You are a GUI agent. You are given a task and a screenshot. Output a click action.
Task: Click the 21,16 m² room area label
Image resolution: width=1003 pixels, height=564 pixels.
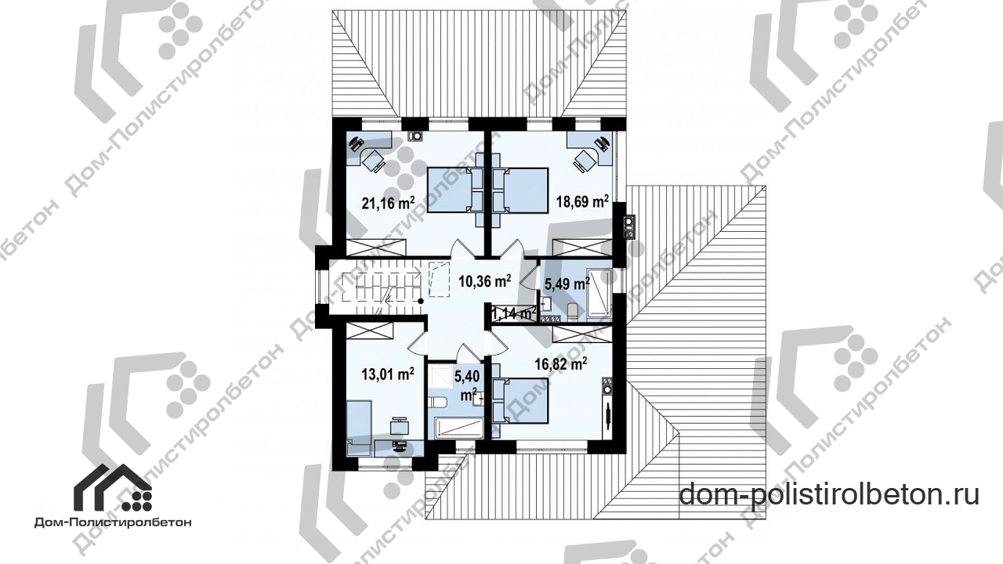coord(388,203)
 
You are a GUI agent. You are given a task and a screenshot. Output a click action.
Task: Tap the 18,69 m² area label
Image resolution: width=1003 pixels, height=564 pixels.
coord(582,201)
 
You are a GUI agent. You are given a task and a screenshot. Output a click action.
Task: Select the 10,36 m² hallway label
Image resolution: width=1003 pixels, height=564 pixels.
coord(484,281)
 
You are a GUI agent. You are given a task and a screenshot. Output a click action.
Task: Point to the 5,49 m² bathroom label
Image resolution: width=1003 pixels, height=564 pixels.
coord(567,284)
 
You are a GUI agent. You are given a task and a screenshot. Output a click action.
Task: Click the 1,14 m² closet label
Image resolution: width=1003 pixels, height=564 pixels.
coord(514,314)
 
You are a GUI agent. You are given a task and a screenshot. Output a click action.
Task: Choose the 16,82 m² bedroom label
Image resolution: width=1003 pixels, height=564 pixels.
coord(561,365)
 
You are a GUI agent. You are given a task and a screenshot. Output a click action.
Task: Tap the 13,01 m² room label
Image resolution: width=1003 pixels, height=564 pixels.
coord(388,374)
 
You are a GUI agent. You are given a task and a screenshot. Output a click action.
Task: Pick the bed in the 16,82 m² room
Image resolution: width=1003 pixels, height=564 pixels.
coord(520,400)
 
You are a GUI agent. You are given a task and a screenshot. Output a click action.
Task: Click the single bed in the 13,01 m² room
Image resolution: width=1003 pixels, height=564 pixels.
coord(360,428)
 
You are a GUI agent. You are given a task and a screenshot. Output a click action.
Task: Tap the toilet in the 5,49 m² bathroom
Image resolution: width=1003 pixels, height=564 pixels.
coord(572,312)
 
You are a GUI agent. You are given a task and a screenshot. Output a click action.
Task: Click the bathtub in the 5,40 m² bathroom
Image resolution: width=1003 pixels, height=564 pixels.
coord(458,428)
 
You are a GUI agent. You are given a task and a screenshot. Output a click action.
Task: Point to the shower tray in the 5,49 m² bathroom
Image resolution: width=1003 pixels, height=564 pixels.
coord(599,294)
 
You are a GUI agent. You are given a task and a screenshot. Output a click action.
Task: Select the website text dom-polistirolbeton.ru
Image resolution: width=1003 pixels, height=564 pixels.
coord(829,495)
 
